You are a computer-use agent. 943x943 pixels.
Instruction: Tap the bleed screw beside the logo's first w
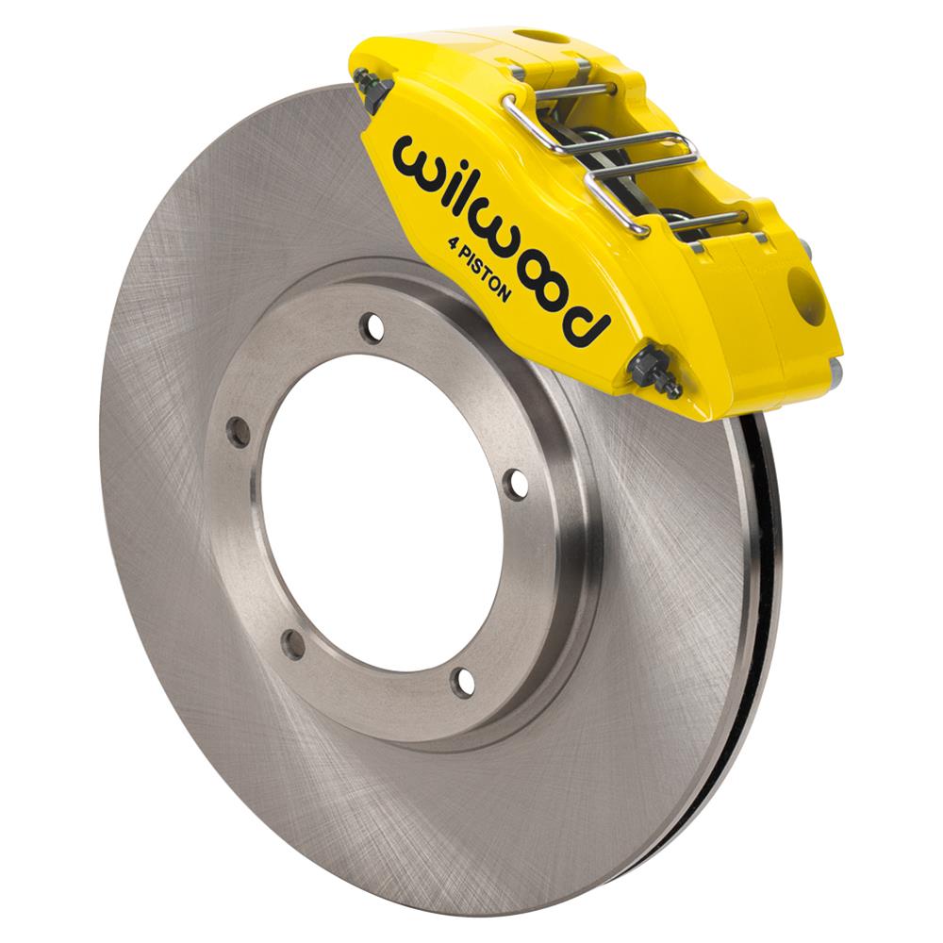coord(374,91)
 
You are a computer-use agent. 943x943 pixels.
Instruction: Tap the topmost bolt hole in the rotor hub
coord(375,327)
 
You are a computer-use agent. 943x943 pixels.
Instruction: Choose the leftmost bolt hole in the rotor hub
coord(239,433)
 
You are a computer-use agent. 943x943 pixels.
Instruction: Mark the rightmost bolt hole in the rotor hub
coord(515,483)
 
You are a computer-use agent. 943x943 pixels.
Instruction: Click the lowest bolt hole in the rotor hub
coord(462,681)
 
